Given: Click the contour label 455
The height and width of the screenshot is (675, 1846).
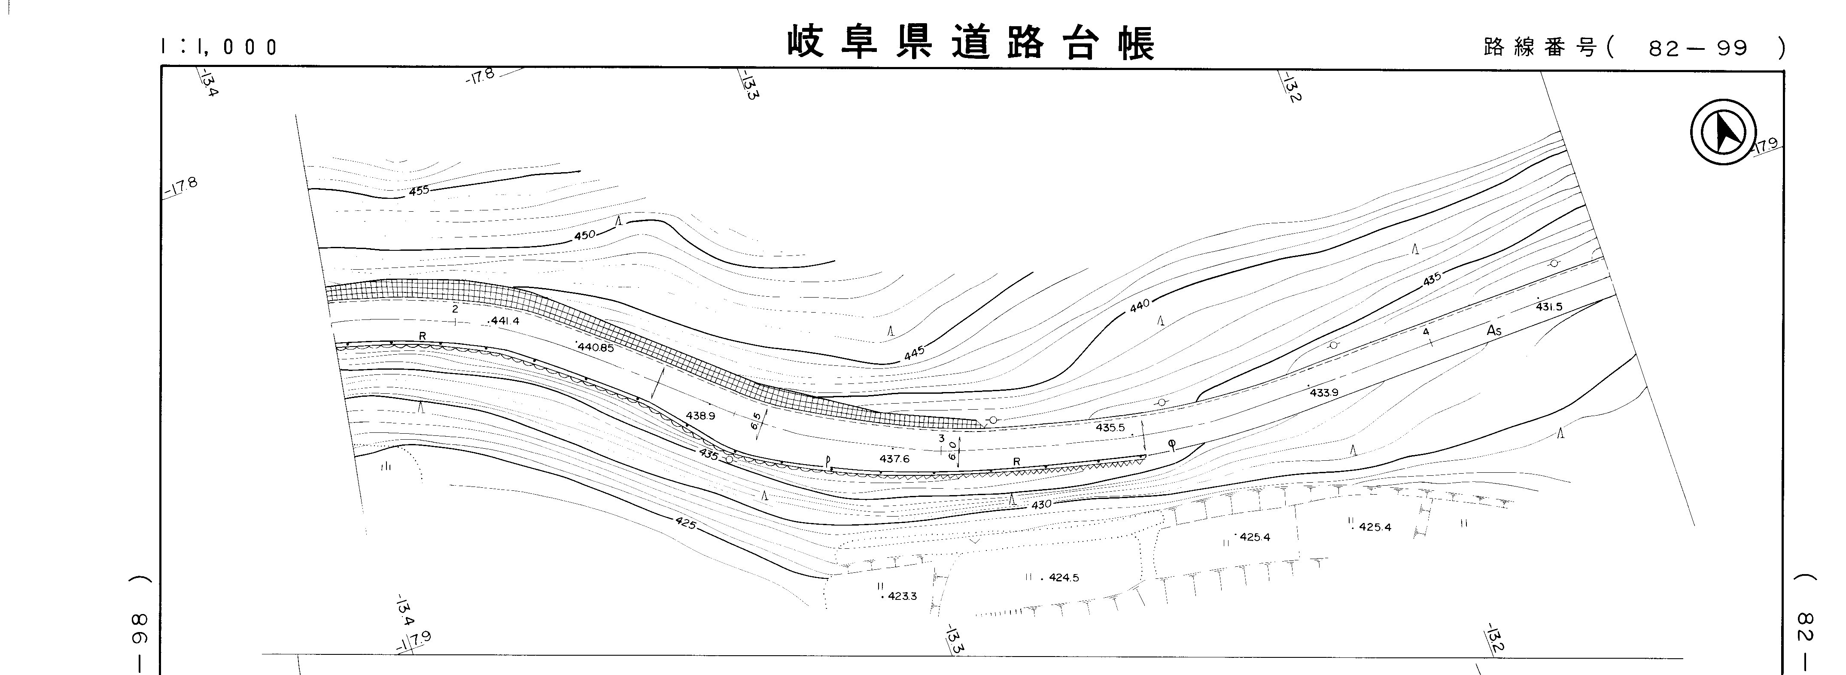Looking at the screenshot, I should pyautogui.click(x=419, y=191).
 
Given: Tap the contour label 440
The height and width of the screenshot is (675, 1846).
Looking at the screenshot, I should pyautogui.click(x=1139, y=305).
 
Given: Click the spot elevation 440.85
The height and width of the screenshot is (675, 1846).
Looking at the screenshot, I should pyautogui.click(x=596, y=347).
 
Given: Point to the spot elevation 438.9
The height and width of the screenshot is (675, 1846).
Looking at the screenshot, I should pyautogui.click(x=700, y=416).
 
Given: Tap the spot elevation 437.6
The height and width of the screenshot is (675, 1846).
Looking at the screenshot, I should pyautogui.click(x=894, y=459).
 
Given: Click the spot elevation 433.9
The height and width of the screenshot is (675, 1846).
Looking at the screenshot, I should pyautogui.click(x=1323, y=392).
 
